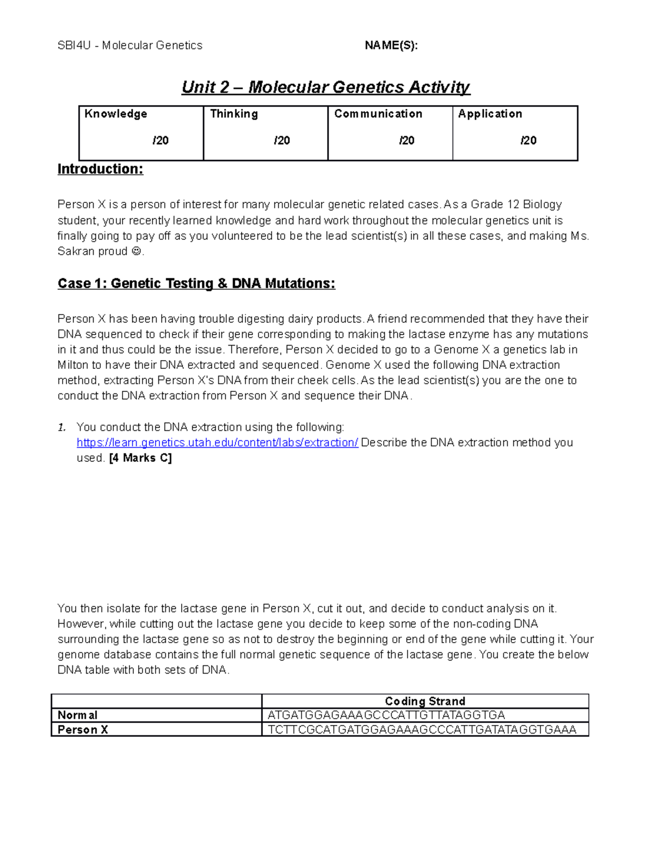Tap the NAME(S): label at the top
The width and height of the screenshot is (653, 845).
391,46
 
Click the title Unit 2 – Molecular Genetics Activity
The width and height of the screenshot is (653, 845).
325,87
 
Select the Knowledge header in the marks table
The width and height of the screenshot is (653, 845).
116,114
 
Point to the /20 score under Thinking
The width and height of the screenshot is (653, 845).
281,140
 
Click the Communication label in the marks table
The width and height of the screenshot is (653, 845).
378,114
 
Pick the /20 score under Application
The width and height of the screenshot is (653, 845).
528,140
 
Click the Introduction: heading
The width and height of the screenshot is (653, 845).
100,169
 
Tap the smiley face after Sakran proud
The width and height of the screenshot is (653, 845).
136,252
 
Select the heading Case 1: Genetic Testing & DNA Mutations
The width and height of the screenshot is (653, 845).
196,283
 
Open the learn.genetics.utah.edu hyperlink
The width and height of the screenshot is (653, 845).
217,442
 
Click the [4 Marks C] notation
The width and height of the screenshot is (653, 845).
140,458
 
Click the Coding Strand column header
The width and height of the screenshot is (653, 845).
425,701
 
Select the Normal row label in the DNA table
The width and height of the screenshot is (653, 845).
78,716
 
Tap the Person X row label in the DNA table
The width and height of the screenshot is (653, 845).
83,730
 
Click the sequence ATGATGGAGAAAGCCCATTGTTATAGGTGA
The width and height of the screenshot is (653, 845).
386,716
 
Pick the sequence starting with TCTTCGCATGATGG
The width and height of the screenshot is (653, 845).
422,730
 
